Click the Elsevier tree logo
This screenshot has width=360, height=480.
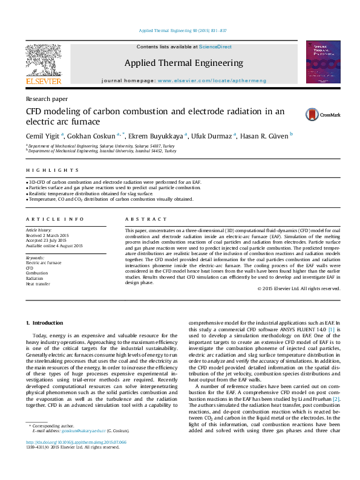click(x=43, y=62)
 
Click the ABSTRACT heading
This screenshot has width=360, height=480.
click(x=146, y=219)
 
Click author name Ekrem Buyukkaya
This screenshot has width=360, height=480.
click(x=160, y=136)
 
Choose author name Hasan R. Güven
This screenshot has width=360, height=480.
click(x=264, y=136)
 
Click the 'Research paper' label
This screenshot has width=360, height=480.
click(x=46, y=99)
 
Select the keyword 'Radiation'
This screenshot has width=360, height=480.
click(x=36, y=278)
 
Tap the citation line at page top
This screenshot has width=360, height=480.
click(x=182, y=30)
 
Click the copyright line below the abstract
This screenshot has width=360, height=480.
click(x=299, y=289)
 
